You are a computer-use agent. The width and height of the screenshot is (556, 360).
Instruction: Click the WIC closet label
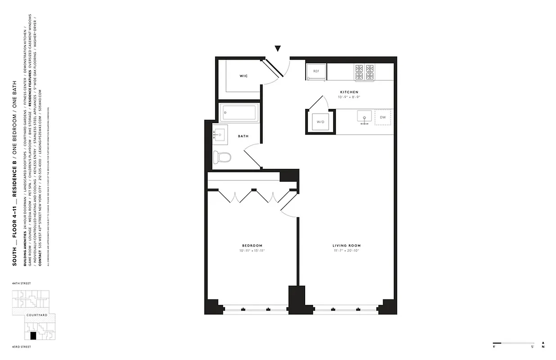click(243, 76)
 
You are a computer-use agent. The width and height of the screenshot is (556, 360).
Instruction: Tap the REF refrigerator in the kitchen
click(316, 72)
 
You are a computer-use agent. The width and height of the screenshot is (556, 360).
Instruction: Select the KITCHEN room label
click(349, 92)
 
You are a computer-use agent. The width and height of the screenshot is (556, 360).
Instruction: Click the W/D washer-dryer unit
click(321, 121)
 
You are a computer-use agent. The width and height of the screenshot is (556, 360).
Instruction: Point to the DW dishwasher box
click(383, 117)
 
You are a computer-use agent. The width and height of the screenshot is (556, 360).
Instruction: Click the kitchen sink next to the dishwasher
click(364, 117)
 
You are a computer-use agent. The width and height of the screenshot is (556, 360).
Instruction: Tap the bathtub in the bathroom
click(239, 112)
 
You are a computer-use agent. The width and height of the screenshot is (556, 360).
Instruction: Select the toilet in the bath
click(222, 157)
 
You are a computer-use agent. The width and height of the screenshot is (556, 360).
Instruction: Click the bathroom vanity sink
click(220, 135)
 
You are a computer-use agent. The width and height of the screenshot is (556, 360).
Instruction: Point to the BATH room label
click(243, 136)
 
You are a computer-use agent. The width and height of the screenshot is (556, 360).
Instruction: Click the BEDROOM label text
click(252, 246)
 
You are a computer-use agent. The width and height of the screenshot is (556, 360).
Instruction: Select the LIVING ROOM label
click(347, 246)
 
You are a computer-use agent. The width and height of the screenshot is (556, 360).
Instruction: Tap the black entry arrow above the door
click(278, 49)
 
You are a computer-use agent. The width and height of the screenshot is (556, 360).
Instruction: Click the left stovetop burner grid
click(359, 72)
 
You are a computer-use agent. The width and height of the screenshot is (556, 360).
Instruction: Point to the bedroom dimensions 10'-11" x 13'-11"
click(252, 250)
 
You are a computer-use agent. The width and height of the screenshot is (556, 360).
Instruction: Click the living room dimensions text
click(347, 250)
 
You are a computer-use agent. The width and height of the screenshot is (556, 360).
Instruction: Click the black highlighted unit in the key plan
click(32, 336)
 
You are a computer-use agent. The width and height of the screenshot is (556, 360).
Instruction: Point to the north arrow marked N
click(543, 344)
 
